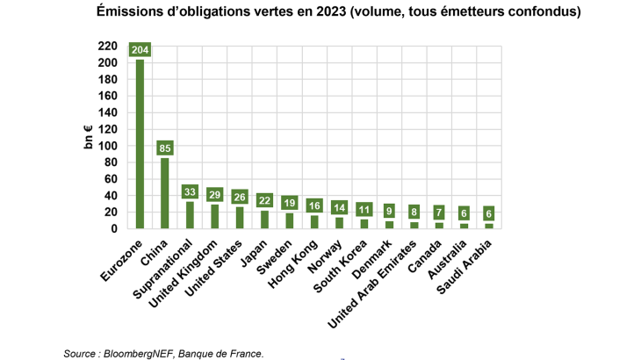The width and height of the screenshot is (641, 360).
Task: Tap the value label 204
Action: (x=140, y=50)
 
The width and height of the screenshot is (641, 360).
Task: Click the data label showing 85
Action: (x=164, y=148)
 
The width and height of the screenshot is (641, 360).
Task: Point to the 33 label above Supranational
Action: (x=190, y=191)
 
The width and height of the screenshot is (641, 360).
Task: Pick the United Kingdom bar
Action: (x=215, y=216)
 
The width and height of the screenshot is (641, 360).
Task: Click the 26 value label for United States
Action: (x=240, y=198)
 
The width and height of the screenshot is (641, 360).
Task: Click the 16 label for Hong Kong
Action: (x=315, y=205)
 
